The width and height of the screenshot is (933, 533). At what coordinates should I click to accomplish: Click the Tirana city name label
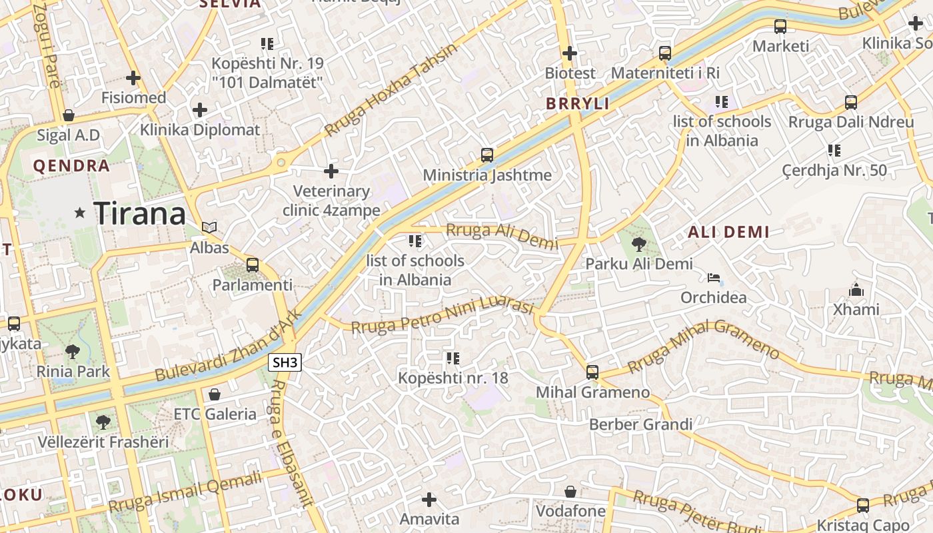pos(139,213)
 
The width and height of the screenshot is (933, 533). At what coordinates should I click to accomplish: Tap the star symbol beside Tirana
pos(80,213)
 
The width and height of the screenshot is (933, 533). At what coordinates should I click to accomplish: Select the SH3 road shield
pos(285,363)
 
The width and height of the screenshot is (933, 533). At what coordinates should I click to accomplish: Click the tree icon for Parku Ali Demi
pos(638,244)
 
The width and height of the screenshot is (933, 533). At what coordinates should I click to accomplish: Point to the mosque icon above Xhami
pos(856,290)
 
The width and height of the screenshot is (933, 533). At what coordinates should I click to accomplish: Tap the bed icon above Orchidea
pos(714,277)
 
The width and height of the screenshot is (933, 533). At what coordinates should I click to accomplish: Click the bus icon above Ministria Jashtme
pos(487,155)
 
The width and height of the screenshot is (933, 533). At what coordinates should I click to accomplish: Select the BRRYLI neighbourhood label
pos(578,103)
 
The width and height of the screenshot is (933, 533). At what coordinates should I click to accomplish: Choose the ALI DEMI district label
pos(728,232)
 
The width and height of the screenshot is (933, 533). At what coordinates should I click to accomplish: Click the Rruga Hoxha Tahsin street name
pos(392,90)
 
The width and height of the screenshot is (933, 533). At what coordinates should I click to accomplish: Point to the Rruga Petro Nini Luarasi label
pos(443,316)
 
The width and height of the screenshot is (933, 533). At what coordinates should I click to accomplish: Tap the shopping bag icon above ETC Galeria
pos(215,394)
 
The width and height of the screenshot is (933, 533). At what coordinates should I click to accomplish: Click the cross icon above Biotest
pos(570,53)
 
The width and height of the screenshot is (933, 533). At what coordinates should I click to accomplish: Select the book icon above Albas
pos(209,228)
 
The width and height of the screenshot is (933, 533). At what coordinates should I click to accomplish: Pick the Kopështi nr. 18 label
pos(453,378)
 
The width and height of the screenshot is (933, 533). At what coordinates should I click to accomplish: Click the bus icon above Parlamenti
pos(253,265)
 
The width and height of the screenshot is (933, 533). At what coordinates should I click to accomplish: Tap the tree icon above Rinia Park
pos(73,351)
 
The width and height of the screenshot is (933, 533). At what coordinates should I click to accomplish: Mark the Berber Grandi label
pos(641,424)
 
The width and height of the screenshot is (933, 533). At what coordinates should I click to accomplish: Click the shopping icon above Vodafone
pos(570,492)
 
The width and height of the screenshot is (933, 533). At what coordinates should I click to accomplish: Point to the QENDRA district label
pos(71,166)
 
